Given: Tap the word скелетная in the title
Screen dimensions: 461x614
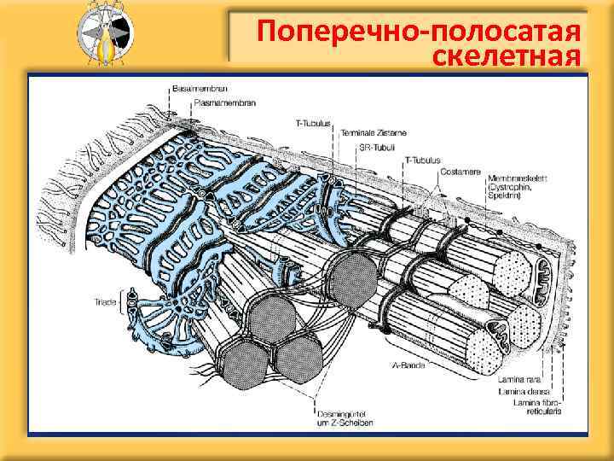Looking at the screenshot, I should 508,57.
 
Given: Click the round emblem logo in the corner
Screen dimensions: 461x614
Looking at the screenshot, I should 103,35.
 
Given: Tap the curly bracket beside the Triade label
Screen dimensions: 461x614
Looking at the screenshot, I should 122,301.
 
